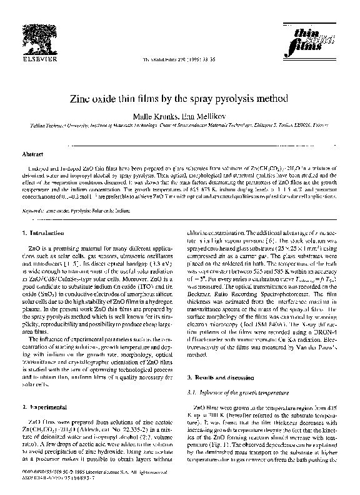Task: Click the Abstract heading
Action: pos(32,153)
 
